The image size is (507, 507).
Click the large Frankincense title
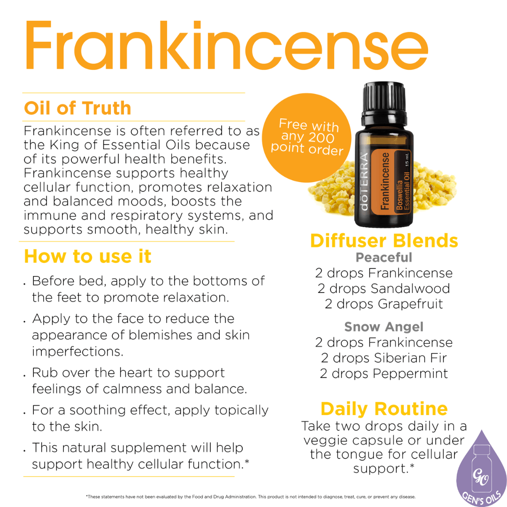[x=225, y=45]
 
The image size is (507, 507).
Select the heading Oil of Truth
[x=77, y=108]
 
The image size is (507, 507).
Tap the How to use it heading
[x=87, y=256]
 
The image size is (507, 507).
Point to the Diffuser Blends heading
[x=384, y=241]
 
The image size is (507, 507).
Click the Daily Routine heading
[x=384, y=408]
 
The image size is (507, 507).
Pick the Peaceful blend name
[x=384, y=258]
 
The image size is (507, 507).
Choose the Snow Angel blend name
[x=384, y=327]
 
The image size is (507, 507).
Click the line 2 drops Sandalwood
[x=384, y=288]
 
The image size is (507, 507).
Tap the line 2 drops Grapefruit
[x=384, y=304]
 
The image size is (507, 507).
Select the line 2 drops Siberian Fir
[x=384, y=358]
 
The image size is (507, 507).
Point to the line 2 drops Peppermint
[x=384, y=374]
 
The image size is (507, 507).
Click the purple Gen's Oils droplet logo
[x=481, y=465]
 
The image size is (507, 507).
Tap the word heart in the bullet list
[x=152, y=373]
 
